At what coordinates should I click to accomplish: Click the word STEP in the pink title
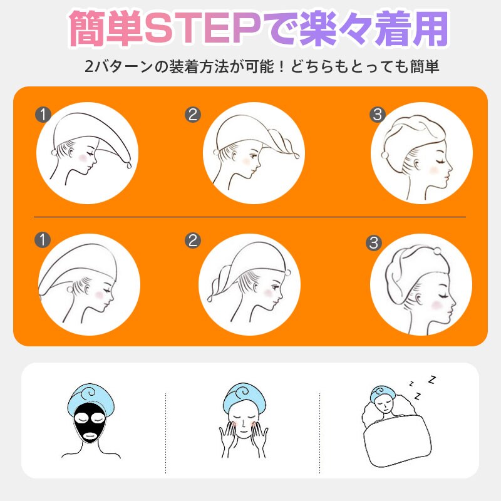203,28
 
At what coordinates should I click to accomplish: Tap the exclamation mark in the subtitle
281,66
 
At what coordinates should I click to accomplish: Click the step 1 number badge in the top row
43,115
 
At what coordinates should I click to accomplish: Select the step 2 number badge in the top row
193,115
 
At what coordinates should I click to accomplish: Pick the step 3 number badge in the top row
378,115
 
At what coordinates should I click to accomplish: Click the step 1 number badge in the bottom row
43,240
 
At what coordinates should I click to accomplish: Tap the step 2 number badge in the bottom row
193,240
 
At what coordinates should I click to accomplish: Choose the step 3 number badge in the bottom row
374,243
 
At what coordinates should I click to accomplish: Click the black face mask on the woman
90,422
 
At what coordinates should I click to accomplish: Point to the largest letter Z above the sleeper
432,380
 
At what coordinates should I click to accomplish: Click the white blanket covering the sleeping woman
398,440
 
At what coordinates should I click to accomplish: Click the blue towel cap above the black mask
91,398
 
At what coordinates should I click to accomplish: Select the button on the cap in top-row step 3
385,155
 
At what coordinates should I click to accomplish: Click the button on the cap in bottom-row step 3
437,251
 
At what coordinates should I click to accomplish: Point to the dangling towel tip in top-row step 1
128,165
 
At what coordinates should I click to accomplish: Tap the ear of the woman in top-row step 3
416,165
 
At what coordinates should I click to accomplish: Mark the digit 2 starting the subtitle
89,66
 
